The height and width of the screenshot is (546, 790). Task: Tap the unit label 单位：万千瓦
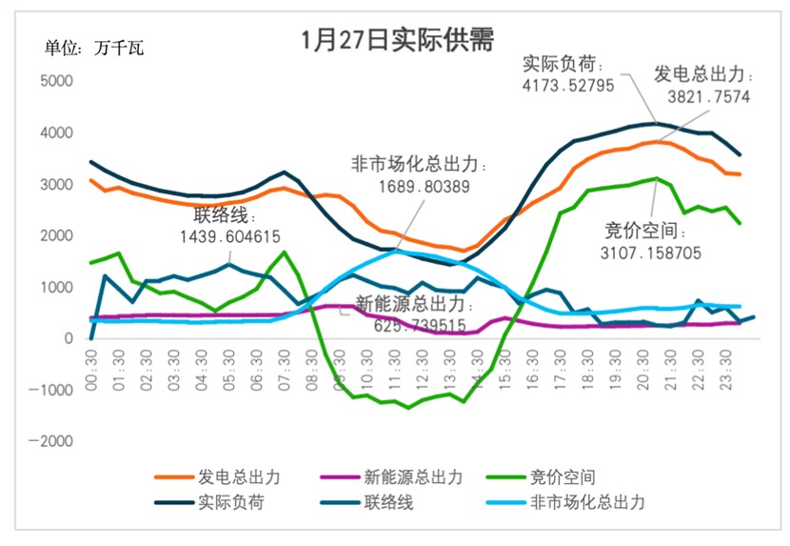94,48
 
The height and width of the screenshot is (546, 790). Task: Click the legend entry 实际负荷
226,502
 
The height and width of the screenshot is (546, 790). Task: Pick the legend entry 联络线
390,502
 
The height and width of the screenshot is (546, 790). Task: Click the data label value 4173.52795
568,84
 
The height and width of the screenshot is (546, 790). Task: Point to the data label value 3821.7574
708,95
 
